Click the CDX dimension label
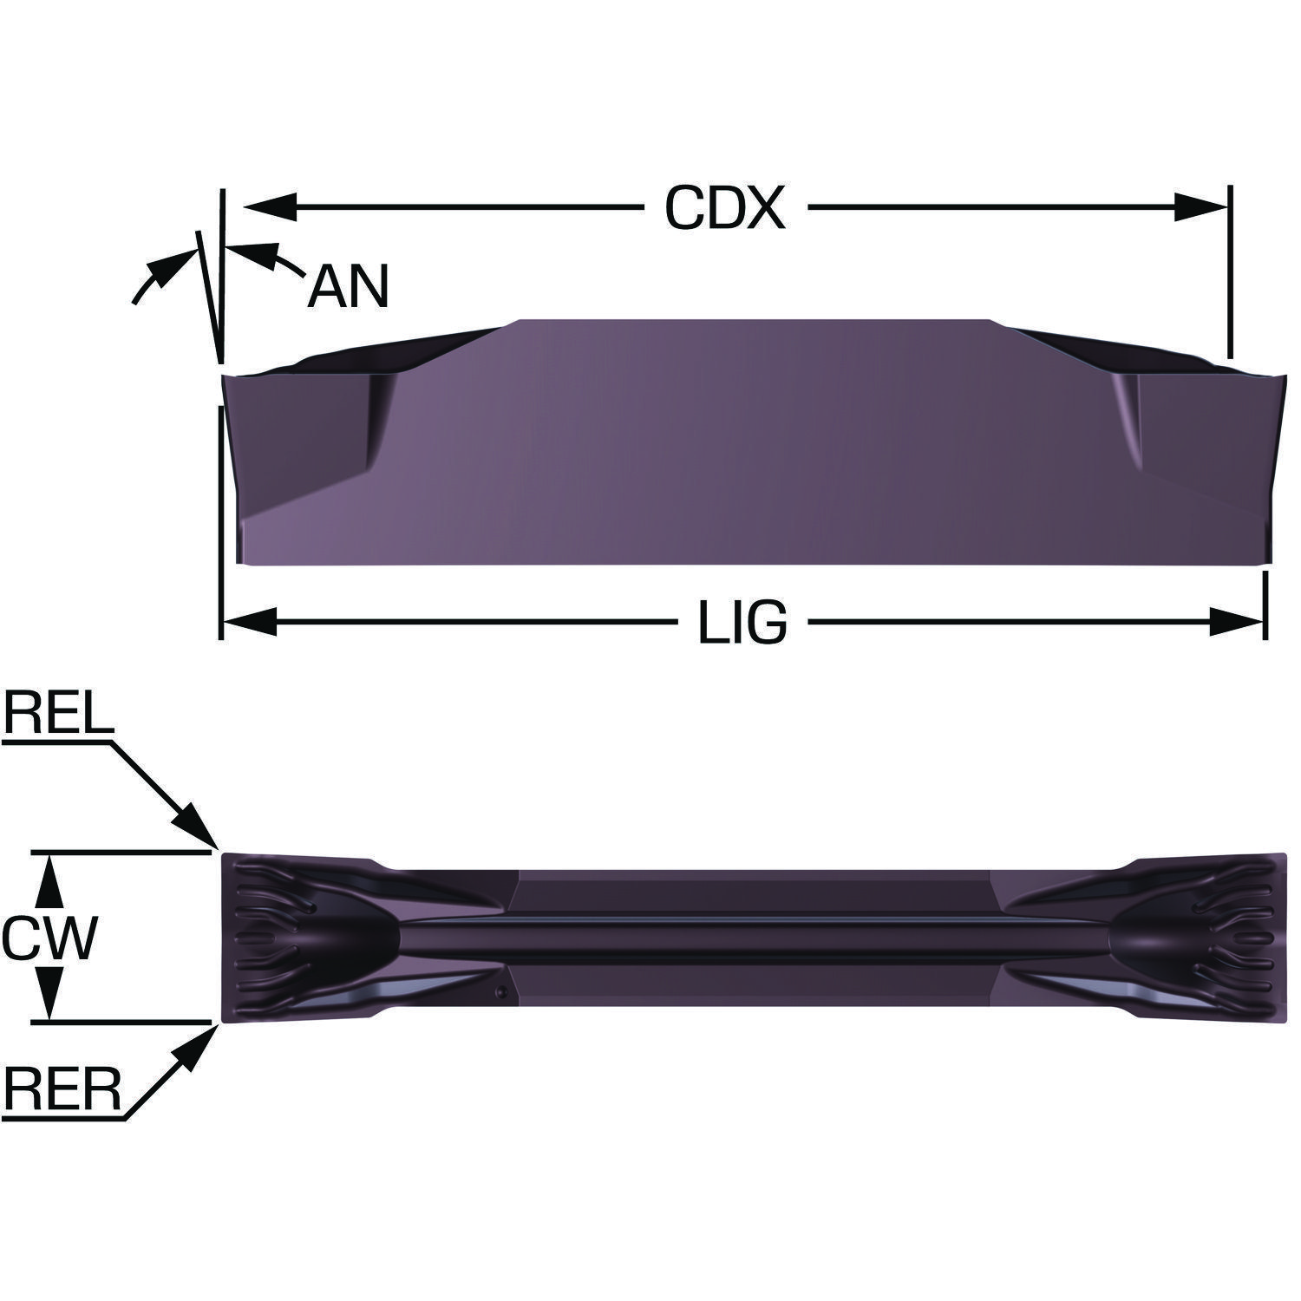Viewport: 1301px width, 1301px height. [725, 208]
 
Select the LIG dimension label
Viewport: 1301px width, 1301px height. [743, 623]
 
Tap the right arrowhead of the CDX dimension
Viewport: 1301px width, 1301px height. [1201, 208]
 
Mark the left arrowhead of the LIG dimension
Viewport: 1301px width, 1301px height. [250, 622]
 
